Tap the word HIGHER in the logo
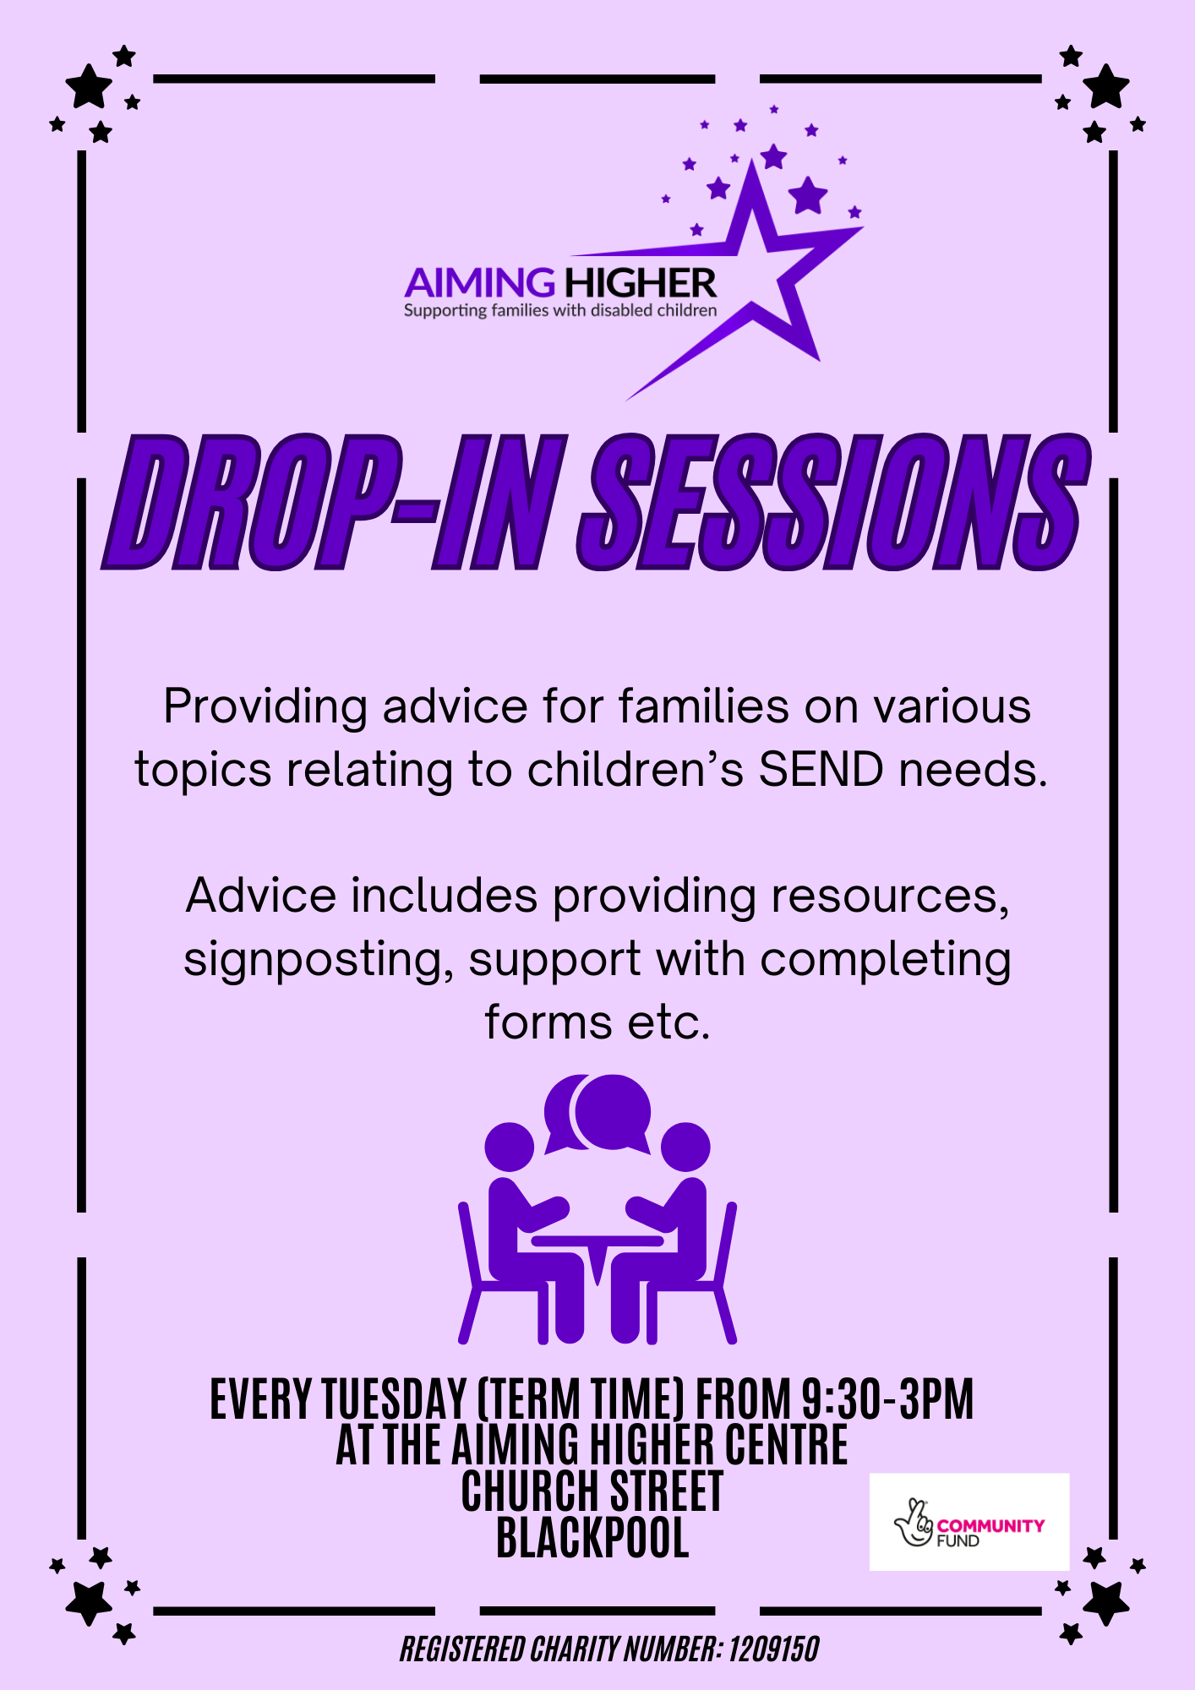click(640, 283)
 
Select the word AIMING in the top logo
click(479, 283)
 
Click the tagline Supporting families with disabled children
click(560, 311)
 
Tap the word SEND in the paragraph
click(821, 770)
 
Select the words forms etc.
click(597, 1022)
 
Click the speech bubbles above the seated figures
click(597, 1113)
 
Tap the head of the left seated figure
click(510, 1148)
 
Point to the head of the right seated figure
click(685, 1148)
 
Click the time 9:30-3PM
click(887, 1399)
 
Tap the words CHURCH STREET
click(592, 1491)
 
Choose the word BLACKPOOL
click(592, 1537)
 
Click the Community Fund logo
click(969, 1522)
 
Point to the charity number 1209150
click(774, 1649)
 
